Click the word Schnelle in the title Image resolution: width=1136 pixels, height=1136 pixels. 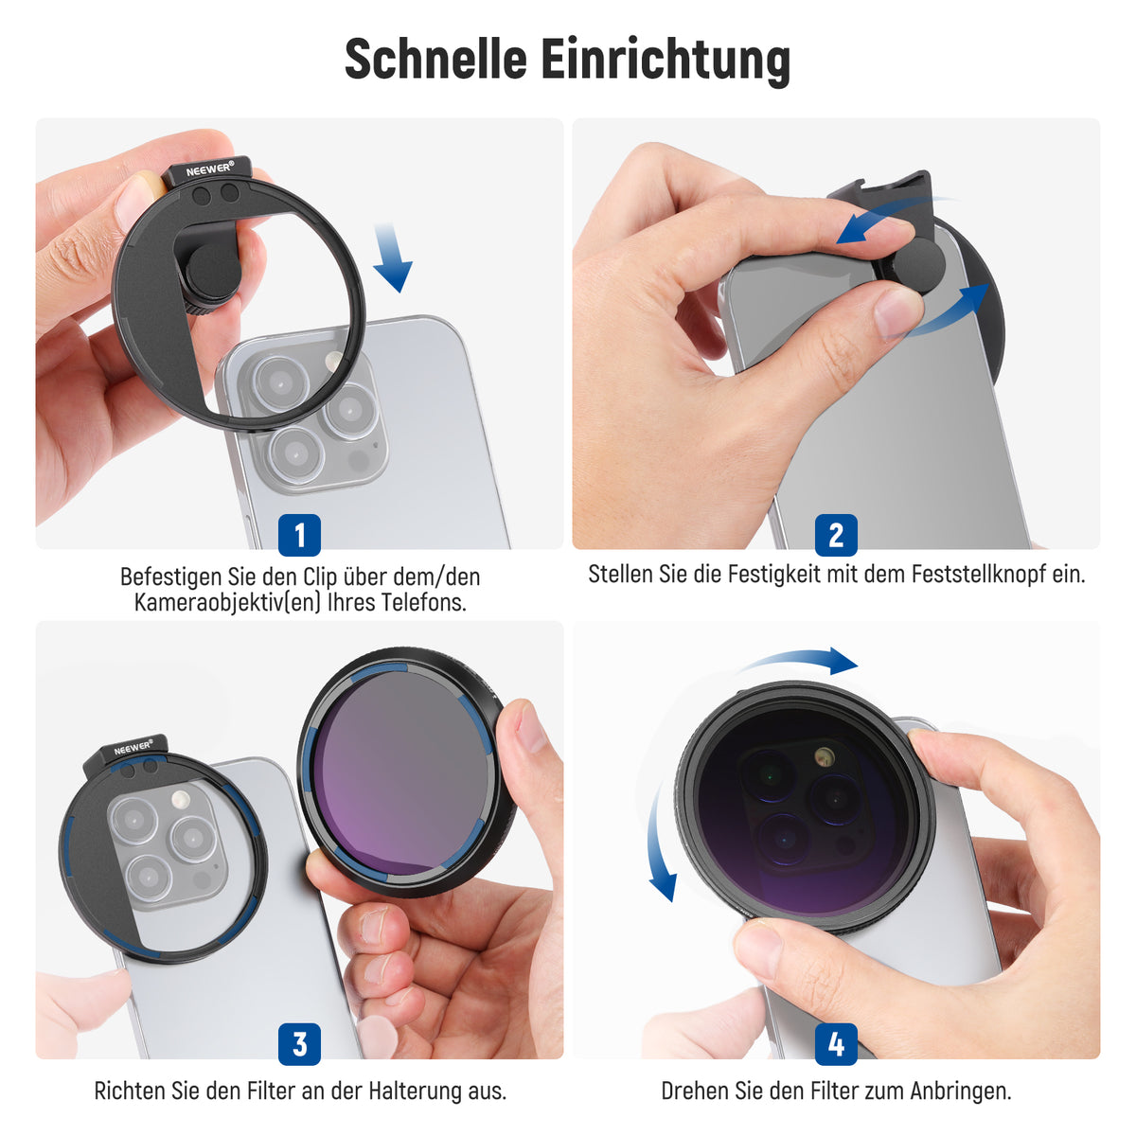pyautogui.click(x=435, y=59)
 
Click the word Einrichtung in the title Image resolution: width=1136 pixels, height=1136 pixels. pyautogui.click(x=666, y=62)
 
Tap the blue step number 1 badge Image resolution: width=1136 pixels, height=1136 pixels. pyautogui.click(x=299, y=535)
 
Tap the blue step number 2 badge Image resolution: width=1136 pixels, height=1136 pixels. pyautogui.click(x=836, y=535)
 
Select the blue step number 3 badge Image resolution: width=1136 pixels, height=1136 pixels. pyautogui.click(x=299, y=1043)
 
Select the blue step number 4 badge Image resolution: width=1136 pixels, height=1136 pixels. pyautogui.click(x=836, y=1043)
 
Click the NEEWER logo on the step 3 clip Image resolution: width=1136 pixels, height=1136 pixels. pyautogui.click(x=133, y=748)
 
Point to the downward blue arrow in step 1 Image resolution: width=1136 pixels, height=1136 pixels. pyautogui.click(x=392, y=257)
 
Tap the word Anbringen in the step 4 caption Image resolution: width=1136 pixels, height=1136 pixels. pyautogui.click(x=960, y=1090)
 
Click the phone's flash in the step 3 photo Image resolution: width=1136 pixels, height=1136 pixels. pyautogui.click(x=180, y=799)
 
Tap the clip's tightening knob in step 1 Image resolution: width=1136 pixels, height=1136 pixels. pyautogui.click(x=210, y=275)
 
